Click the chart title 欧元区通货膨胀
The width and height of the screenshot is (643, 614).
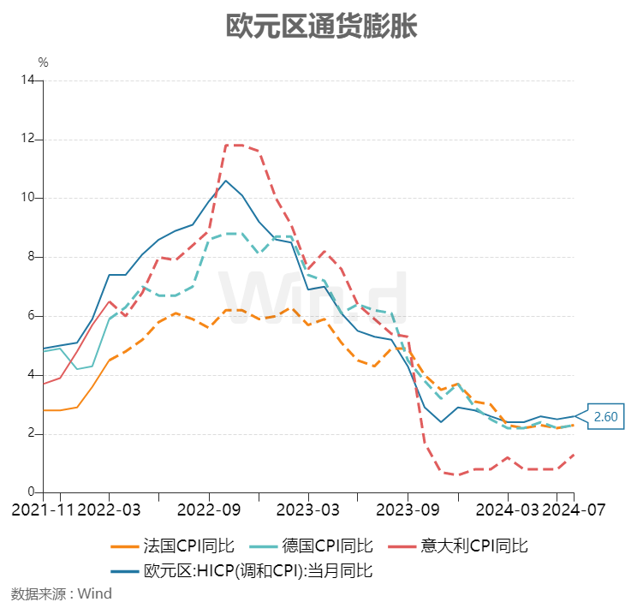tap(321, 27)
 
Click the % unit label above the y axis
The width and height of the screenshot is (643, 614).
tap(43, 63)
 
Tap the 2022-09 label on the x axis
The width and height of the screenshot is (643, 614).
tap(209, 510)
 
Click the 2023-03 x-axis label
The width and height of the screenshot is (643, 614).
tap(308, 510)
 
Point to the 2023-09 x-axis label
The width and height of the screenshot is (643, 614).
tap(408, 510)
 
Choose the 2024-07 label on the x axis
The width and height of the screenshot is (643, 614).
tap(574, 510)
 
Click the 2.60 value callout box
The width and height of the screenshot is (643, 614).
tap(606, 417)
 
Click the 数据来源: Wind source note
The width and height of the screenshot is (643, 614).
tap(62, 593)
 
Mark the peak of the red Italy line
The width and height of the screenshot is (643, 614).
tap(234, 145)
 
